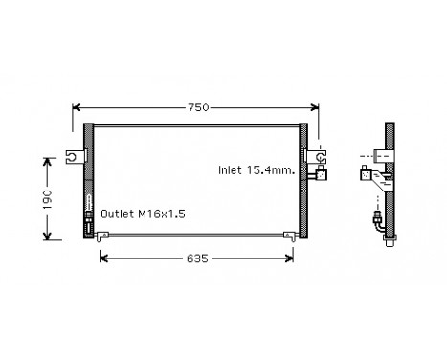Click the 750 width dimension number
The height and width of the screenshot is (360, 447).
click(196, 107)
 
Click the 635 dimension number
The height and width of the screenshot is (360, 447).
click(197, 258)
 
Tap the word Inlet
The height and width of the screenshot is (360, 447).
click(229, 169)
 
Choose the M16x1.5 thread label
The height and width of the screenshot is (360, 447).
click(158, 215)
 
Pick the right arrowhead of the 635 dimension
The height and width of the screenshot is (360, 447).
click(294, 258)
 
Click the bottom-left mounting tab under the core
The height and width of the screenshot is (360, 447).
click(101, 236)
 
